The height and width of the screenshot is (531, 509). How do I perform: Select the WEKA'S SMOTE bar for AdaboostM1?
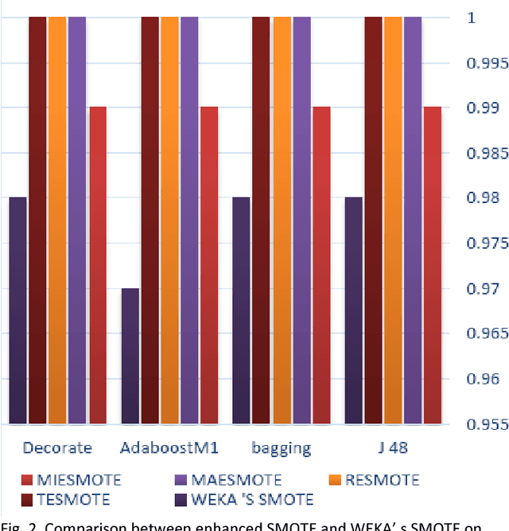(x=130, y=356)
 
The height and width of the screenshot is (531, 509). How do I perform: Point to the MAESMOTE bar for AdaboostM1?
(x=189, y=219)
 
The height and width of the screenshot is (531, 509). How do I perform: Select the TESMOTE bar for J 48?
(x=375, y=219)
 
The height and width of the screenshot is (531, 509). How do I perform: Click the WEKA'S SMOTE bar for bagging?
(x=242, y=310)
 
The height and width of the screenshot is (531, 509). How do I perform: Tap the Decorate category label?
(x=57, y=447)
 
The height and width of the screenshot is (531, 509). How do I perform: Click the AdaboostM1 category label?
(x=169, y=447)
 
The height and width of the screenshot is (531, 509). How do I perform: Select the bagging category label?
(x=282, y=447)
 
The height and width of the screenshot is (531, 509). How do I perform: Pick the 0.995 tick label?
(x=487, y=63)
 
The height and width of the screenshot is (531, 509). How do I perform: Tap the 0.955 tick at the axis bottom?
(x=487, y=424)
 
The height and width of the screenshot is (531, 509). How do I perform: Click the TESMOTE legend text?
(x=70, y=500)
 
